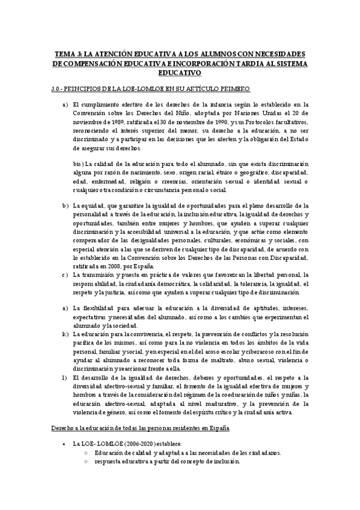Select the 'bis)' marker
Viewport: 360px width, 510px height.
[x=78, y=163]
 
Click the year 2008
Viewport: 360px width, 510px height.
[x=118, y=266]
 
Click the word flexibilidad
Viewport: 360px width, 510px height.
[x=102, y=308]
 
